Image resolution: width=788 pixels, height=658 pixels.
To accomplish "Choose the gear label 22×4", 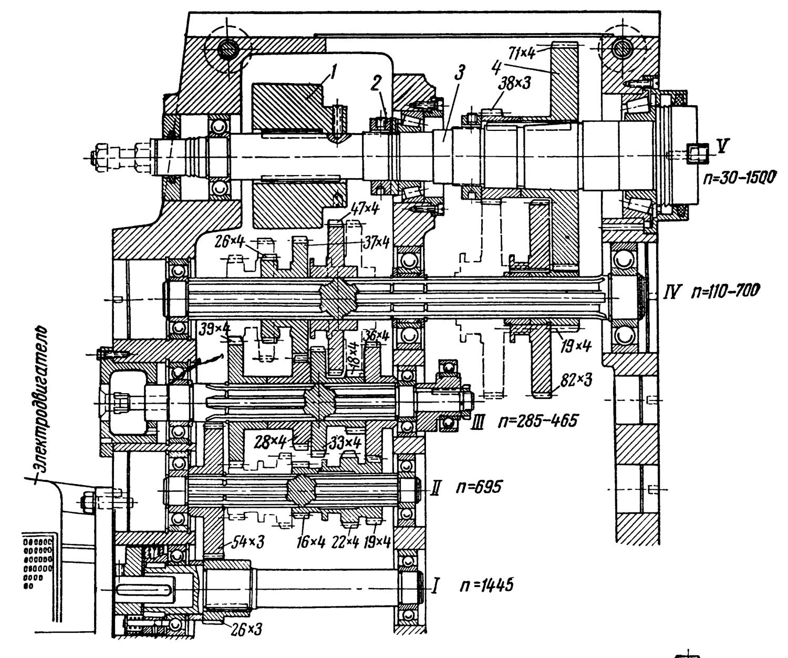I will [345, 542].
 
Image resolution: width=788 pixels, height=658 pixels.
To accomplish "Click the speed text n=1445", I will [486, 584].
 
